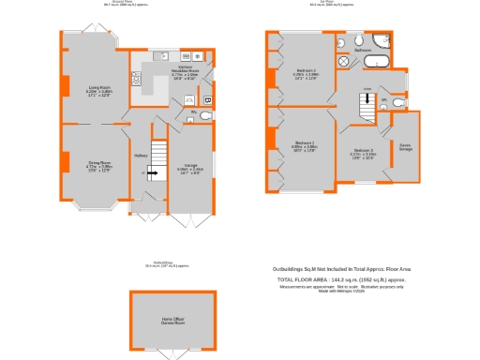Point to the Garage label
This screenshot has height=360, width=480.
coord(190,168)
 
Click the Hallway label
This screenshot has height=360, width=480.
coord(139,156)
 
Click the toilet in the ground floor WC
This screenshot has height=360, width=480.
coord(206,115)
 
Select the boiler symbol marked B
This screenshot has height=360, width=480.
coord(207,97)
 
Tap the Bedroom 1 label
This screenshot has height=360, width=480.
coord(305,146)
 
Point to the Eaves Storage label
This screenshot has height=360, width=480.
coord(405,147)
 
